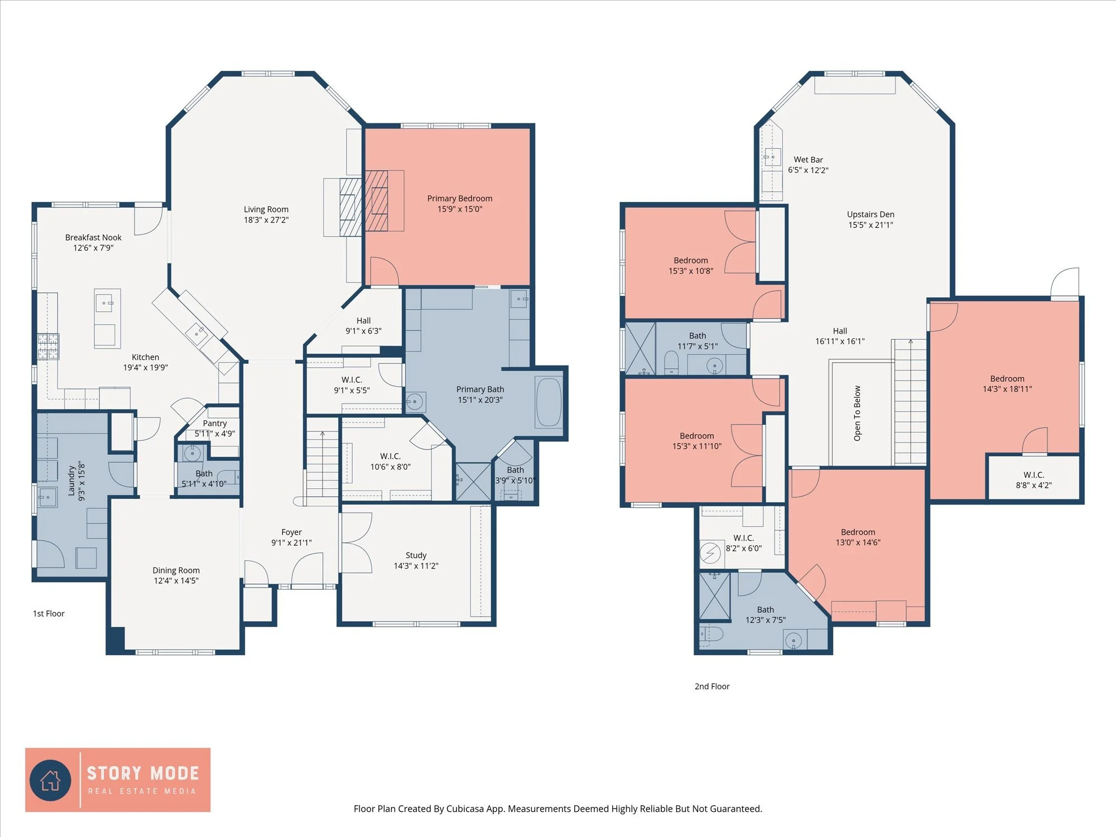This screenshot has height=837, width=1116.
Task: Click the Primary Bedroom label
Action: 459,199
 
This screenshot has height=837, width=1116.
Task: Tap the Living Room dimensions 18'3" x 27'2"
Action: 266,220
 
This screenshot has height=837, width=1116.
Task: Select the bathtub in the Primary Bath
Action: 549,402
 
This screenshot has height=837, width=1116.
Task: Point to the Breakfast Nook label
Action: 93,238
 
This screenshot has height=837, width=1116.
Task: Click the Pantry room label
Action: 215,424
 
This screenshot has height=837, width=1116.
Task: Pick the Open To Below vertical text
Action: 857,413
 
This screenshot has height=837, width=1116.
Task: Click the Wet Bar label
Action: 808,160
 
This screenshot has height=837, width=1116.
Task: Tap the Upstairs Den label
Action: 870,214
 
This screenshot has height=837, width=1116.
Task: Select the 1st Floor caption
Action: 49,614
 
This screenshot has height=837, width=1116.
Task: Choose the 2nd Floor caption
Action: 712,686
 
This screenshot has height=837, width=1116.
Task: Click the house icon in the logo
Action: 51,780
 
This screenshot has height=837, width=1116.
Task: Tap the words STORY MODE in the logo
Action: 143,773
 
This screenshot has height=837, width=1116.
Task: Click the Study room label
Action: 416,555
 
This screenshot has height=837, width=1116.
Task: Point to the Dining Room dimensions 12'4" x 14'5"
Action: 176,581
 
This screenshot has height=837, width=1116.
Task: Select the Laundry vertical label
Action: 71,481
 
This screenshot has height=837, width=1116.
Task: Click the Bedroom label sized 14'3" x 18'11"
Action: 1007,379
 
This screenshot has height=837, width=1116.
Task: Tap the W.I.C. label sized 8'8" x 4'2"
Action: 1033,475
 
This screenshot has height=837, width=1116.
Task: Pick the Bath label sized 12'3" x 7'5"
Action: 765,610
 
